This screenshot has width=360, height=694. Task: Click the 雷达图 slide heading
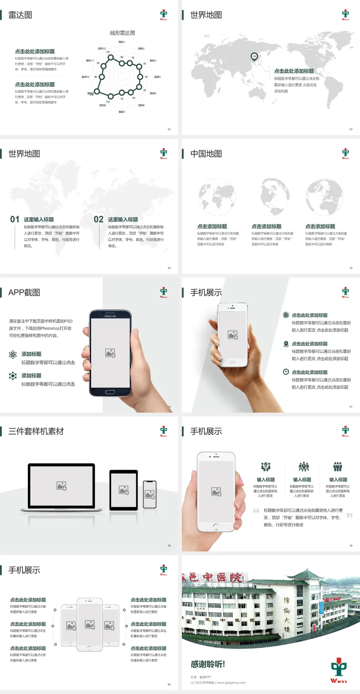pyautogui.click(x=20, y=15)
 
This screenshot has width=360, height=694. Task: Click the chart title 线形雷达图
pyautogui.click(x=122, y=33)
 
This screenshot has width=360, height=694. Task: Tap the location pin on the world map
pyautogui.click(x=254, y=56)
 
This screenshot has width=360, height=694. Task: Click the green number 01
pyautogui.click(x=15, y=219)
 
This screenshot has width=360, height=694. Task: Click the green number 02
pyautogui.click(x=99, y=219)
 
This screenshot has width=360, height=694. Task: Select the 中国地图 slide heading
pyautogui.click(x=206, y=154)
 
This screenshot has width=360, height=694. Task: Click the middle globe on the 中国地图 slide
pyautogui.click(x=271, y=197)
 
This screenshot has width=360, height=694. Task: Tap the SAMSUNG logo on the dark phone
pyautogui.click(x=110, y=316)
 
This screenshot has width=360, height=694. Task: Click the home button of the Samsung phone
pyautogui.click(x=110, y=392)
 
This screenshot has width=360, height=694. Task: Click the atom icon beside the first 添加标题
pyautogui.click(x=13, y=355)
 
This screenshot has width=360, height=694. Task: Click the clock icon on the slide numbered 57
pyautogui.click(x=286, y=372)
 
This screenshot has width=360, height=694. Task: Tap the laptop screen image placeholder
pyautogui.click(x=61, y=486)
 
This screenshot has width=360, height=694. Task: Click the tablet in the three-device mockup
pyautogui.click(x=124, y=490)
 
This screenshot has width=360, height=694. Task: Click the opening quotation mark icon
pyautogui.click(x=256, y=511)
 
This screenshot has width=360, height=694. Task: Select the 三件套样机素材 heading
pyautogui.click(x=36, y=431)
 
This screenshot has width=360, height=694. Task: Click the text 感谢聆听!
pyautogui.click(x=208, y=664)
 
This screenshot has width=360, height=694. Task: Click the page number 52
pyautogui.click(x=169, y=129)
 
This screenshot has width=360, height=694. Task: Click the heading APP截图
pyautogui.click(x=24, y=293)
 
